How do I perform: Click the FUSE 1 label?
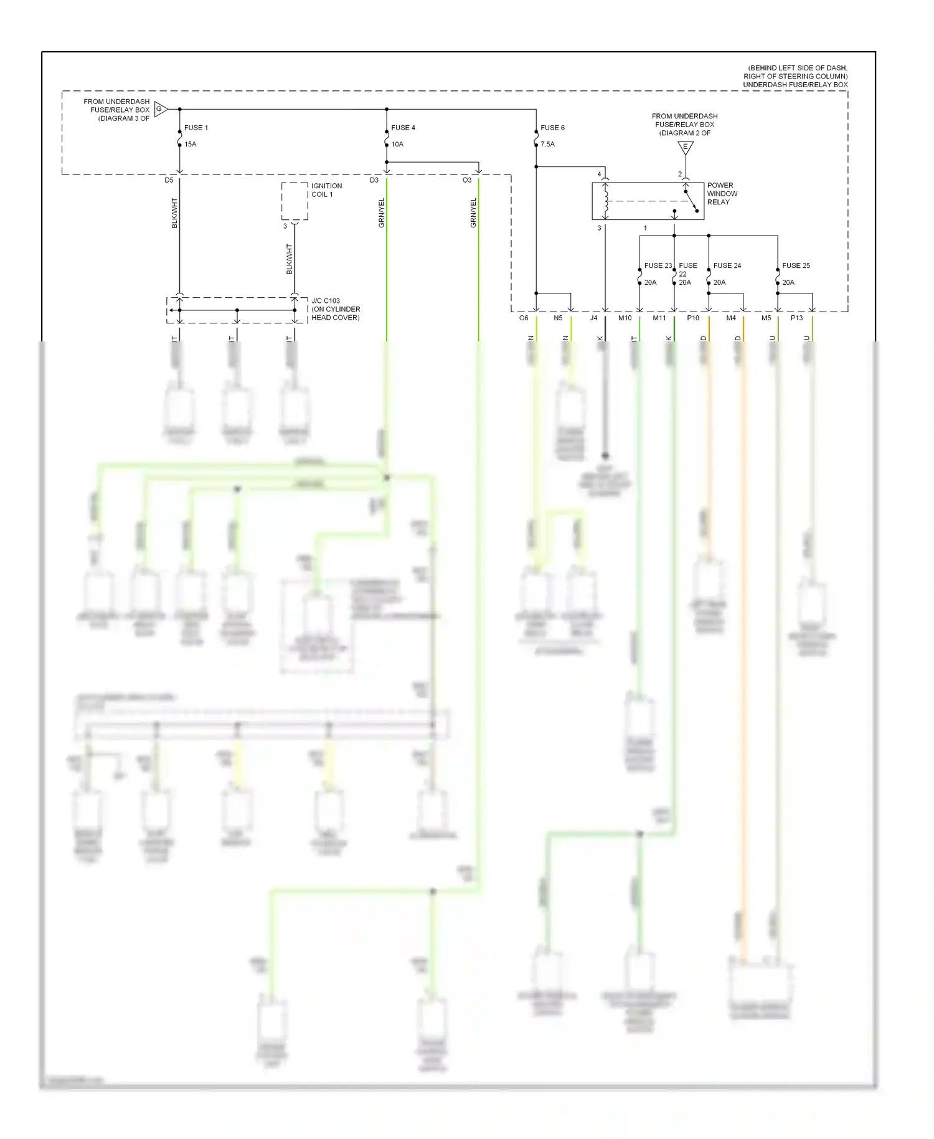tap(196, 128)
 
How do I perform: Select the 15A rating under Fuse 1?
tap(190, 145)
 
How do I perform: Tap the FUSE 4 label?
tap(403, 128)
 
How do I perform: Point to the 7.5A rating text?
tap(547, 145)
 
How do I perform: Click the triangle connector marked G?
tap(160, 110)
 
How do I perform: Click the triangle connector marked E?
tap(685, 148)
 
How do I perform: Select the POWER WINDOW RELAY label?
tap(722, 194)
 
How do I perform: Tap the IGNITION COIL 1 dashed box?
tap(295, 201)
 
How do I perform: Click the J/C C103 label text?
tap(336, 309)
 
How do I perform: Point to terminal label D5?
tap(169, 181)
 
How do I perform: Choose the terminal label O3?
tap(466, 181)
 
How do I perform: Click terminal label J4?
tap(593, 318)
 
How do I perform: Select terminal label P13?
tap(796, 318)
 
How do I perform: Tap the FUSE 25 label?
tap(796, 266)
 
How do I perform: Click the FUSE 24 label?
tap(727, 266)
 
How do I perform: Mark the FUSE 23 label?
tap(658, 266)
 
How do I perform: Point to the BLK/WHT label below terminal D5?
tap(175, 213)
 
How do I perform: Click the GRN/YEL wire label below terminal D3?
tap(382, 213)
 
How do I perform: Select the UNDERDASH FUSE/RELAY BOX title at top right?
tap(795, 85)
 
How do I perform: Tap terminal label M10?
tap(625, 318)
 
